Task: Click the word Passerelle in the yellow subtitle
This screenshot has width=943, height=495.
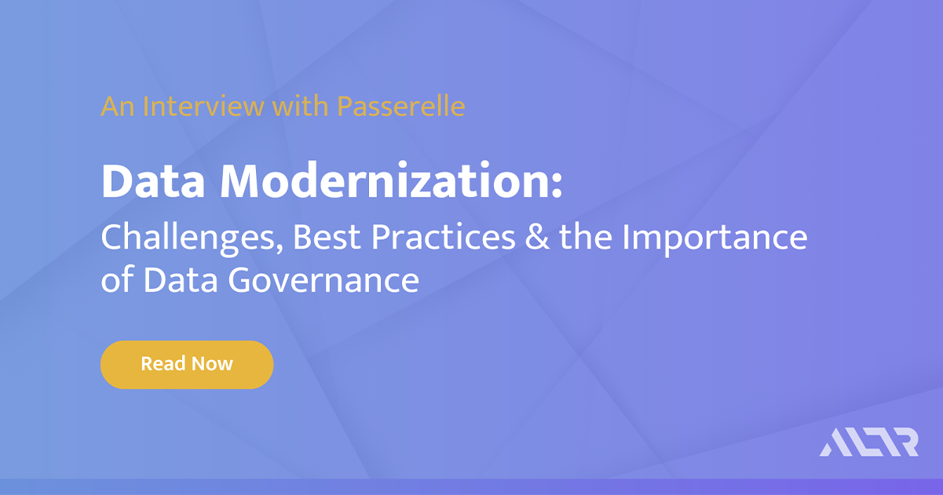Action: point(400,106)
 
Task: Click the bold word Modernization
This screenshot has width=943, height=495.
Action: point(382,183)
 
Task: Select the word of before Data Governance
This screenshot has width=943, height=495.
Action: point(117,281)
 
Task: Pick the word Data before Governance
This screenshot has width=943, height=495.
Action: point(182,280)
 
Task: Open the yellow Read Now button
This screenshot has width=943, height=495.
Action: point(187,364)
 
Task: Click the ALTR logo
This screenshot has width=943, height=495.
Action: point(869,442)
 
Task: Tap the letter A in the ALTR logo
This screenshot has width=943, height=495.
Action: point(833,442)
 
